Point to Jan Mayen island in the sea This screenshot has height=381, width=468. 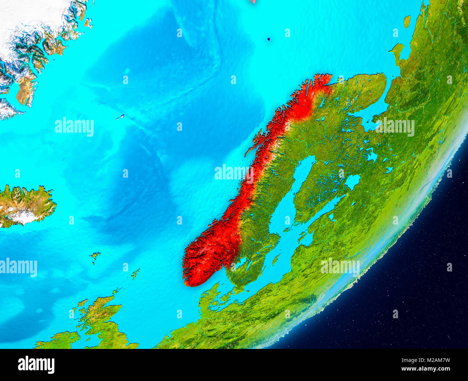(x=120, y=117)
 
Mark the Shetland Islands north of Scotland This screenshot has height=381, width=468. (x=135, y=274)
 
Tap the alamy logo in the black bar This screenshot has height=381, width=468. (x=36, y=364)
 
